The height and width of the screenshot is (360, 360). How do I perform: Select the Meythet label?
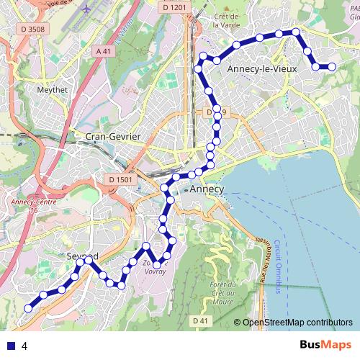click(52, 91)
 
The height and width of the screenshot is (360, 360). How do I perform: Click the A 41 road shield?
click(104, 51)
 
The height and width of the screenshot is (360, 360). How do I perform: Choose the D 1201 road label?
click(174, 6)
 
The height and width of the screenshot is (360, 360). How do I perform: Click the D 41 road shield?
click(200, 320)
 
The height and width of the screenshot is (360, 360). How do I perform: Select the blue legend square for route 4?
click(9, 346)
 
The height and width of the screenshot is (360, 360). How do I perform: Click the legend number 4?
click(25, 346)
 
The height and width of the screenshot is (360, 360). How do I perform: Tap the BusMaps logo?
click(325, 345)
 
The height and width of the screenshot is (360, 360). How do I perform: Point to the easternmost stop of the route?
click(332, 67)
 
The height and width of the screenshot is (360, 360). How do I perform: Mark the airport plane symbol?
click(87, 11)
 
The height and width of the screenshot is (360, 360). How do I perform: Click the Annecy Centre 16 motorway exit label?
click(29, 206)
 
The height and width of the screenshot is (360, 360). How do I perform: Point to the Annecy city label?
click(208, 189)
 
